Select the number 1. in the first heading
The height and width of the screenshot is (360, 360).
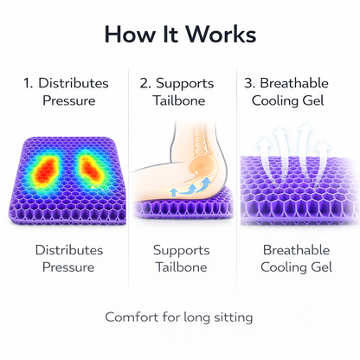click(x=29, y=83)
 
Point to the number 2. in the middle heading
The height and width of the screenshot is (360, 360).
click(x=145, y=83)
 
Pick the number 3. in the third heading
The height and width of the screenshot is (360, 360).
click(x=249, y=83)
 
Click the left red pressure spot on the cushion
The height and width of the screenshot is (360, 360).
click(x=45, y=171)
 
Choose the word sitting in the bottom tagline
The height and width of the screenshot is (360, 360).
click(x=232, y=317)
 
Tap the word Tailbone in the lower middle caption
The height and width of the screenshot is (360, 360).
click(x=181, y=267)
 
